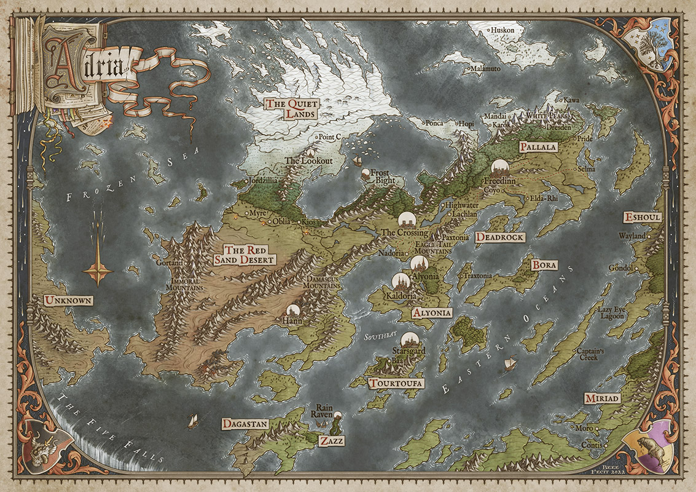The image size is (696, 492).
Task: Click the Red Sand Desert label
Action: pyautogui.click(x=249, y=255)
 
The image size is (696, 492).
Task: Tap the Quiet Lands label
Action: pyautogui.click(x=290, y=108)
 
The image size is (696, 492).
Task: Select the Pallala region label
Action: pyautogui.click(x=538, y=147)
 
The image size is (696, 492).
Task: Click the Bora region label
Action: pyautogui.click(x=544, y=265)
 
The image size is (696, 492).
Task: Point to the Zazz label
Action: pyautogui.click(x=332, y=441)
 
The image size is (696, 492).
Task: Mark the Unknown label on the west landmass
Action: pyautogui.click(x=68, y=301)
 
